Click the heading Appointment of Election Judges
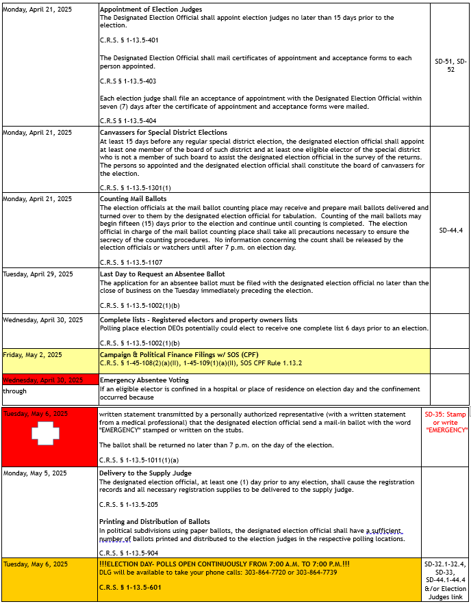pyautogui.click(x=150, y=10)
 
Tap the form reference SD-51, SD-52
pyautogui.click(x=450, y=65)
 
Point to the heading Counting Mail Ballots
pyautogui.click(x=133, y=199)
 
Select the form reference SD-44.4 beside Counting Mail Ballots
pyautogui.click(x=450, y=231)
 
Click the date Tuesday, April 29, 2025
pyautogui.click(x=38, y=274)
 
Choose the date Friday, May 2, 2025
pyautogui.click(x=32, y=354)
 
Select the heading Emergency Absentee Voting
pyautogui.click(x=144, y=380)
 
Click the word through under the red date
pyautogui.click(x=14, y=391)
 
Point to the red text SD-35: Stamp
pyautogui.click(x=445, y=415)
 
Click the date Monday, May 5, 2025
pyautogui.click(x=35, y=473)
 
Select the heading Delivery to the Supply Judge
pyautogui.click(x=145, y=473)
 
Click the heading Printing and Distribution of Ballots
pyautogui.click(x=154, y=522)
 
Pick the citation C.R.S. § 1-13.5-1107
pyautogui.click(x=131, y=262)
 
